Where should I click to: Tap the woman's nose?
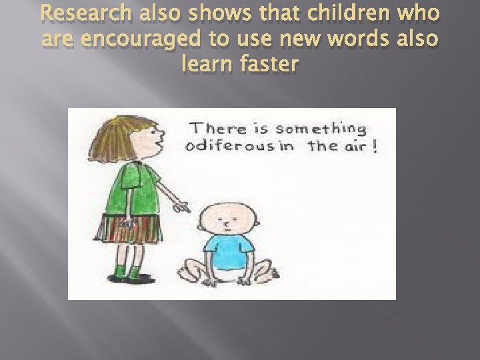161,142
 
